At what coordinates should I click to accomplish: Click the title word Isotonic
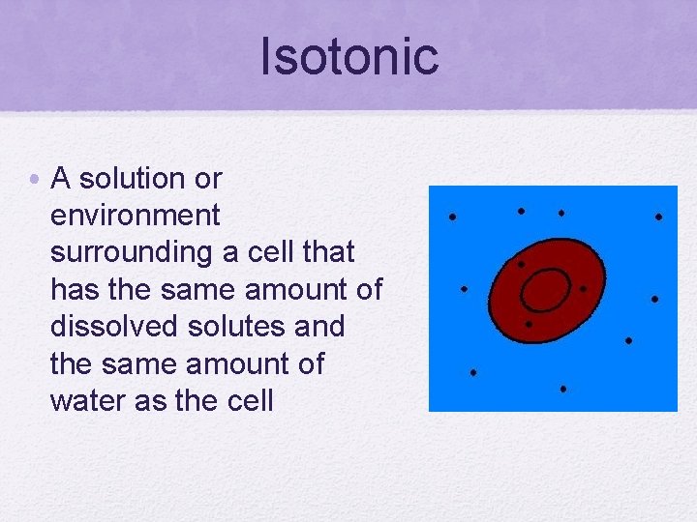[x=348, y=56]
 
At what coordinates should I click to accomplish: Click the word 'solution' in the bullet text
[x=132, y=179]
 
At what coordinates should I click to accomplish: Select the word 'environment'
[x=136, y=216]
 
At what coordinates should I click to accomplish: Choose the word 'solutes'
[x=235, y=327]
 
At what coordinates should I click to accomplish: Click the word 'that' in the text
[x=329, y=252]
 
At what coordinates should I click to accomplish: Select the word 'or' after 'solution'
[x=207, y=179]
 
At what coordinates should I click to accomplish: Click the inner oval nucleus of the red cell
[x=545, y=289]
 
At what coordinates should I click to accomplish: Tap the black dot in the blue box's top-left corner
[x=452, y=217]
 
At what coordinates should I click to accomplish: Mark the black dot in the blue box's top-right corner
[x=658, y=217]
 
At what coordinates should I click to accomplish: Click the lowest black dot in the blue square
[x=562, y=390]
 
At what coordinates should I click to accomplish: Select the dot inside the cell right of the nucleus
[x=583, y=288]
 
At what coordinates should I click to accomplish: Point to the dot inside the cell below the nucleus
[x=529, y=325]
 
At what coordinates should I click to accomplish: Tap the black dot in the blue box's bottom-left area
[x=473, y=372]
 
